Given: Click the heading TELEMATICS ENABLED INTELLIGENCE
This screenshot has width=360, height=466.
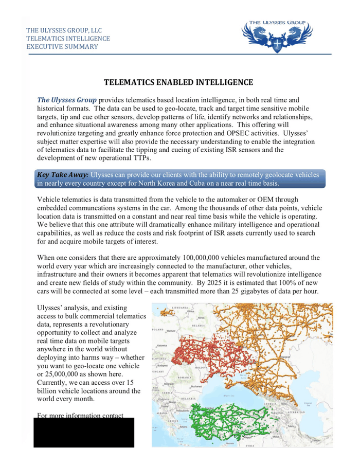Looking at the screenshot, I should click(x=178, y=82).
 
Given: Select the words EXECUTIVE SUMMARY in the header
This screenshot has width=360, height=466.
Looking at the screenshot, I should click(x=62, y=47).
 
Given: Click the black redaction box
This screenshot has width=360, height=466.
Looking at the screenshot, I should click(x=84, y=433).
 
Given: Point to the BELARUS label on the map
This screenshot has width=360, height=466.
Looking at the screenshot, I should click(x=199, y=326).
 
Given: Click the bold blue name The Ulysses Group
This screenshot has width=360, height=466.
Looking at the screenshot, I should click(x=67, y=99).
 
